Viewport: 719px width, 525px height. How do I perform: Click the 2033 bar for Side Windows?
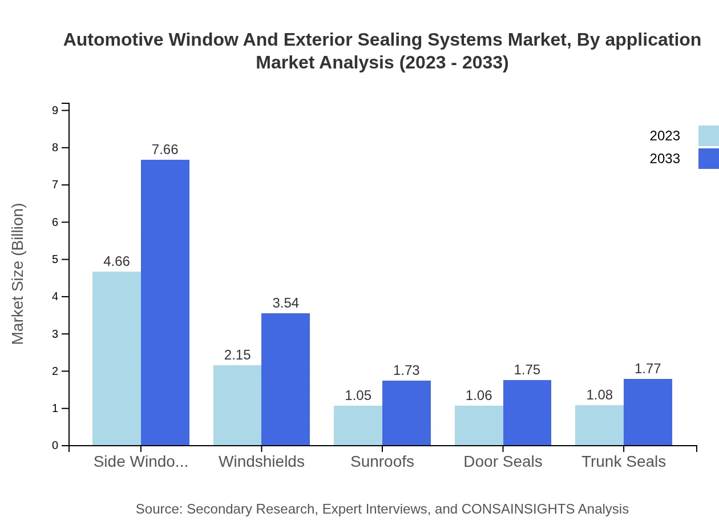click(165, 302)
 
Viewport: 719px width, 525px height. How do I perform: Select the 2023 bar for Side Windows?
click(116, 358)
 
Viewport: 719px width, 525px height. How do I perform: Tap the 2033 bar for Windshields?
click(285, 379)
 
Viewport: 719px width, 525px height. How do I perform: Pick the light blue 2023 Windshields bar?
click(237, 405)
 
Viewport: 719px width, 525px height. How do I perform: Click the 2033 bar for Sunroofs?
click(406, 413)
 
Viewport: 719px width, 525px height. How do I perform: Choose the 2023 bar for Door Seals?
click(479, 425)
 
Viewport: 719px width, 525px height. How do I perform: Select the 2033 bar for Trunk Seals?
click(648, 412)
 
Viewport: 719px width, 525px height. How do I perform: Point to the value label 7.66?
click(165, 150)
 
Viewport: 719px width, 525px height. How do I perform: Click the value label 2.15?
click(237, 355)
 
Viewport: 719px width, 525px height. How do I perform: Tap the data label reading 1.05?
click(358, 395)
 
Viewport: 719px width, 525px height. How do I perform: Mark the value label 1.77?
click(648, 369)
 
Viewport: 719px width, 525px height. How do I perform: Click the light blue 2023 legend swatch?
click(708, 136)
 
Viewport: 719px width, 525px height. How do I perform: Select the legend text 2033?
click(665, 159)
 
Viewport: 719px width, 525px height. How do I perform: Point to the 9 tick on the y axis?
click(55, 110)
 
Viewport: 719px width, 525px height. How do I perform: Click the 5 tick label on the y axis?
click(55, 260)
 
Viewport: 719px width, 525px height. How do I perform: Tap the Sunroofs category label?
click(382, 462)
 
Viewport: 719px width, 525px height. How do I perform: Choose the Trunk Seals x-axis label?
click(624, 462)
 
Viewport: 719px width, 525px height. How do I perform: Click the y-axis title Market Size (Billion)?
click(18, 274)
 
